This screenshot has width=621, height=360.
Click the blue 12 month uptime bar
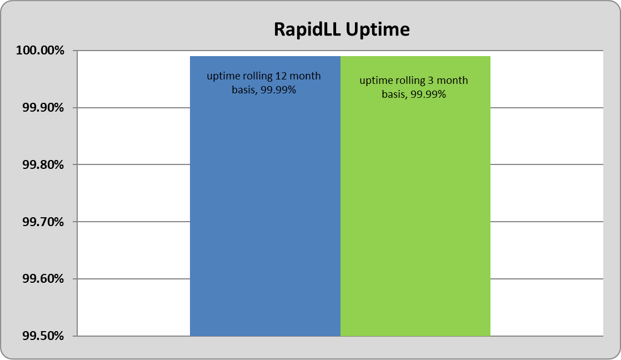(265, 196)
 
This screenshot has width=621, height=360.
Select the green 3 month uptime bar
(415, 196)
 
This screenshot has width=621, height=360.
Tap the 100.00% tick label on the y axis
(40, 51)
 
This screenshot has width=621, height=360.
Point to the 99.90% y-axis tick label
(43, 107)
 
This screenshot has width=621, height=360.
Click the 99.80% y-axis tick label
(43, 164)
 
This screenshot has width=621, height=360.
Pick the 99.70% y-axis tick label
(43, 222)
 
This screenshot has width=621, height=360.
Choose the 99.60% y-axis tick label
(43, 279)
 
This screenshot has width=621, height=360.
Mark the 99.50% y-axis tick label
(43, 336)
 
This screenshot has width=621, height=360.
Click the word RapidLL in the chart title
(307, 30)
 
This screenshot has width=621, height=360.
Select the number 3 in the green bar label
(430, 81)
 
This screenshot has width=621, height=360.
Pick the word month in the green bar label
(452, 81)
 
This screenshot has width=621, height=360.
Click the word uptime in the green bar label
(373, 81)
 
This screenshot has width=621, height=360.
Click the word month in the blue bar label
(305, 76)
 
